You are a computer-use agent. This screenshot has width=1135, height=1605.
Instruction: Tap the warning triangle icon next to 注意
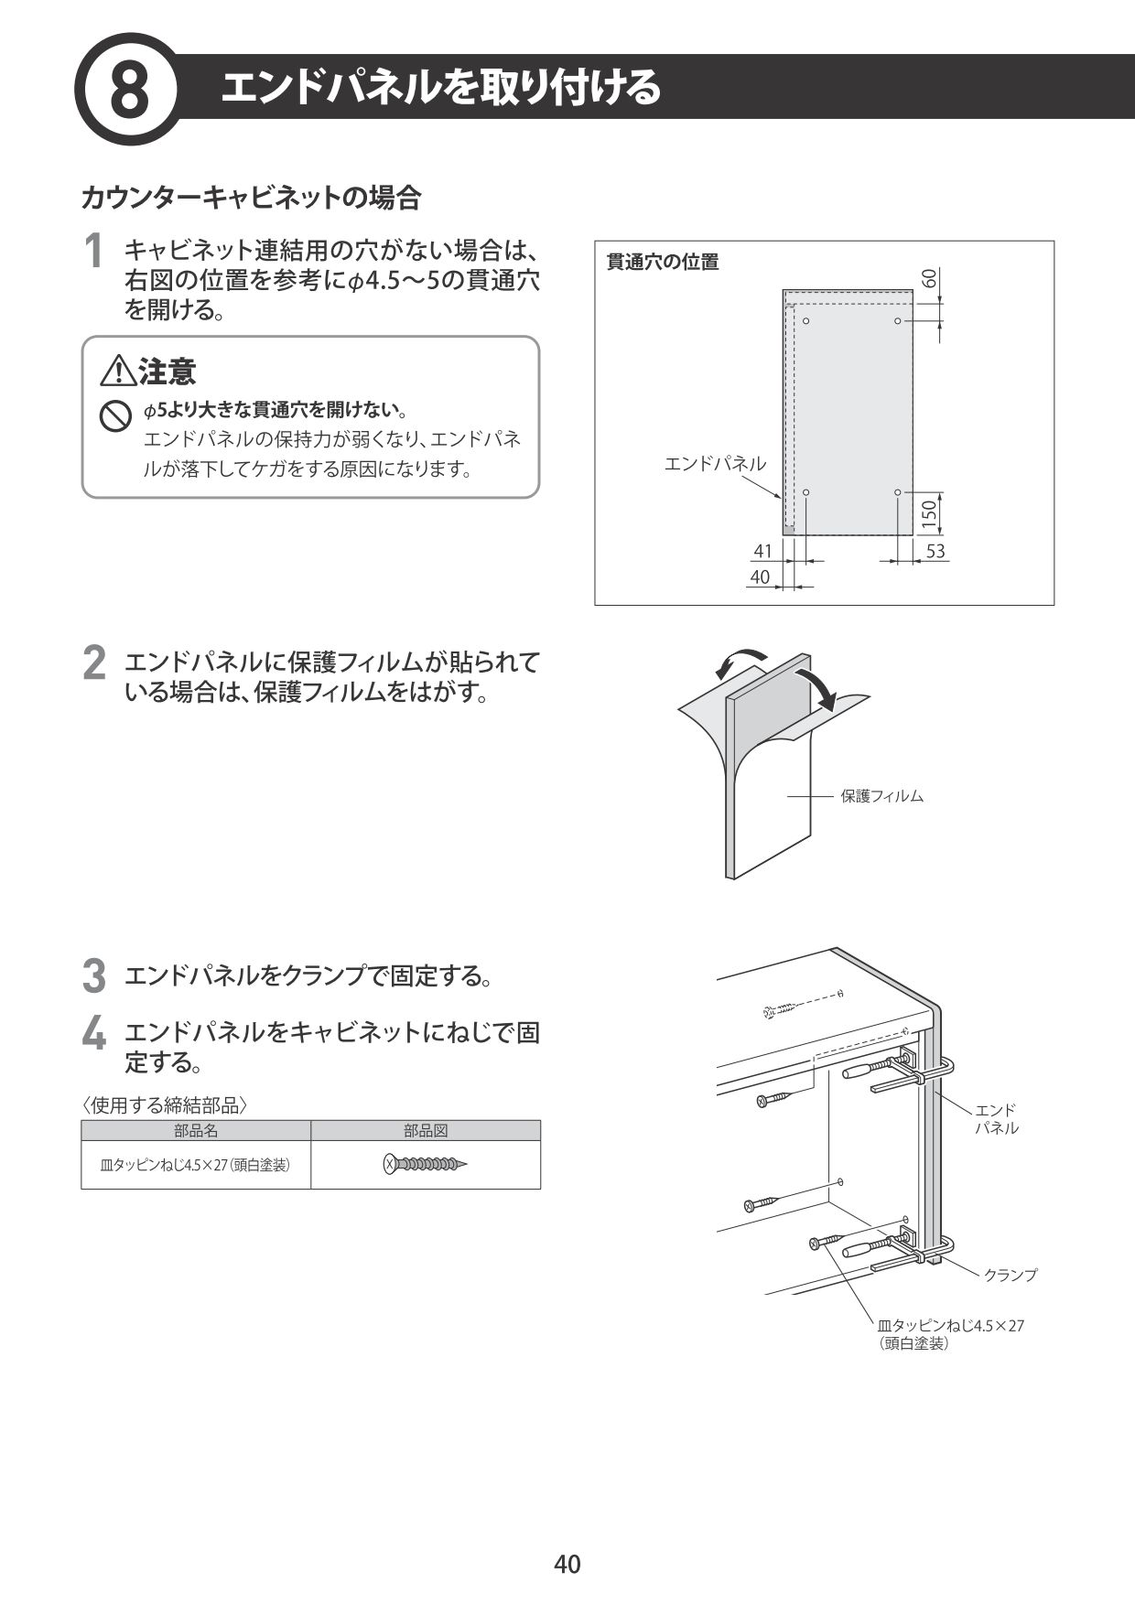118,372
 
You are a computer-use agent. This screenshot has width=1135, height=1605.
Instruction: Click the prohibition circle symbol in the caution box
113,417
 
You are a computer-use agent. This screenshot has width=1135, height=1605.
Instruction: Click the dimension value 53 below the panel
935,551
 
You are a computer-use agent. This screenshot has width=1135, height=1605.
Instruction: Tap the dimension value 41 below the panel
762,551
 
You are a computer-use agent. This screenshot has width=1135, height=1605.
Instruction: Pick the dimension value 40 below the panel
760,576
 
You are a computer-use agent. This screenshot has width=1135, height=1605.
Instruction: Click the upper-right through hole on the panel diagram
898,321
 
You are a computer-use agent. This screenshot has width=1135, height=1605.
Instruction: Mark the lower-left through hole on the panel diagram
806,492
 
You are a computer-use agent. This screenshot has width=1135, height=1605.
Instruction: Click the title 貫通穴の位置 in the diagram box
664,262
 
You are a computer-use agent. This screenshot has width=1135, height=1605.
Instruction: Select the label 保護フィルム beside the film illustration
881,796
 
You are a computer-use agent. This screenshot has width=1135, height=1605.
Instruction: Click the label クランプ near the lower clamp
1011,1275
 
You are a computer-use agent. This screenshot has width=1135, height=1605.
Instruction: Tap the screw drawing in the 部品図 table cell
426,1165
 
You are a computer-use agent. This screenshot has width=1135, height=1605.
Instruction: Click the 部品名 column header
196,1131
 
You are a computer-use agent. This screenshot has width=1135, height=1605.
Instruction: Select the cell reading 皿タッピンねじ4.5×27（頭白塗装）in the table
196,1165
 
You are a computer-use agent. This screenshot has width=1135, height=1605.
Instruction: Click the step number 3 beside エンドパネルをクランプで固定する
93,975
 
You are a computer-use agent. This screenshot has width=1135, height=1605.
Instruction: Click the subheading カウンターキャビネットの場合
251,197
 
